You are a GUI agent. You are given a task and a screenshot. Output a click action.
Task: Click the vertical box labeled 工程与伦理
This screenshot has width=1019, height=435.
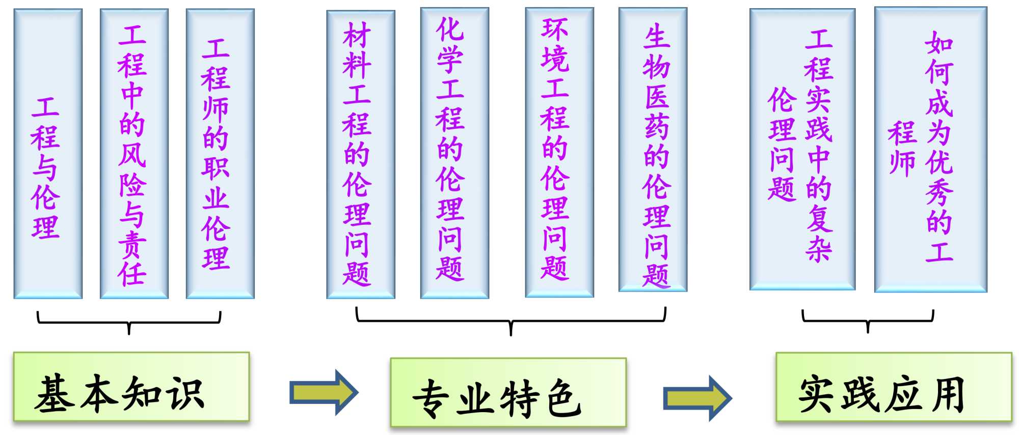tap(48, 154)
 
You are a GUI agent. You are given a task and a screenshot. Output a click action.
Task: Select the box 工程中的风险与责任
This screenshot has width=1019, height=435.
tap(134, 154)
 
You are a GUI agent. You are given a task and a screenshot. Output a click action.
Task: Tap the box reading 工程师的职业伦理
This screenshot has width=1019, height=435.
tap(220, 154)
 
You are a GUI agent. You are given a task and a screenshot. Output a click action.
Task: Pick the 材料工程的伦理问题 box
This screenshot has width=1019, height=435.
tap(361, 154)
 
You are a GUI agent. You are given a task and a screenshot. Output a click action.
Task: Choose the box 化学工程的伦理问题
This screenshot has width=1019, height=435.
tap(454, 153)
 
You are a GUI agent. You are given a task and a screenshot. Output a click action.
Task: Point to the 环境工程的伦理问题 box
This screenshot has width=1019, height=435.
tap(559, 152)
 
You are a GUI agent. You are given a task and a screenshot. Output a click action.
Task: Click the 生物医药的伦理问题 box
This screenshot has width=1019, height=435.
tap(653, 150)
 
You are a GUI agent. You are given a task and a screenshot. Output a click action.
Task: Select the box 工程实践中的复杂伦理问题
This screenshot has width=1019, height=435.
tap(802, 150)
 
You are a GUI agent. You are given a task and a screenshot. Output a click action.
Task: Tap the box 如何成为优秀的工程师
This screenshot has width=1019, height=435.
tap(930, 150)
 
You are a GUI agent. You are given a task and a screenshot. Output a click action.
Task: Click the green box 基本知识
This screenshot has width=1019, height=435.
tap(131, 387)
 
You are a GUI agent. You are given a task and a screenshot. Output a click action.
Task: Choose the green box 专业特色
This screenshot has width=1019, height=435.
tap(508, 392)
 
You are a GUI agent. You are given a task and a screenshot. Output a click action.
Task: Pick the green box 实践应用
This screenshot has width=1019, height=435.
tap(893, 387)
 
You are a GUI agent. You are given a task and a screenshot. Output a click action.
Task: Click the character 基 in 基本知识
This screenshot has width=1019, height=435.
tap(53, 393)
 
